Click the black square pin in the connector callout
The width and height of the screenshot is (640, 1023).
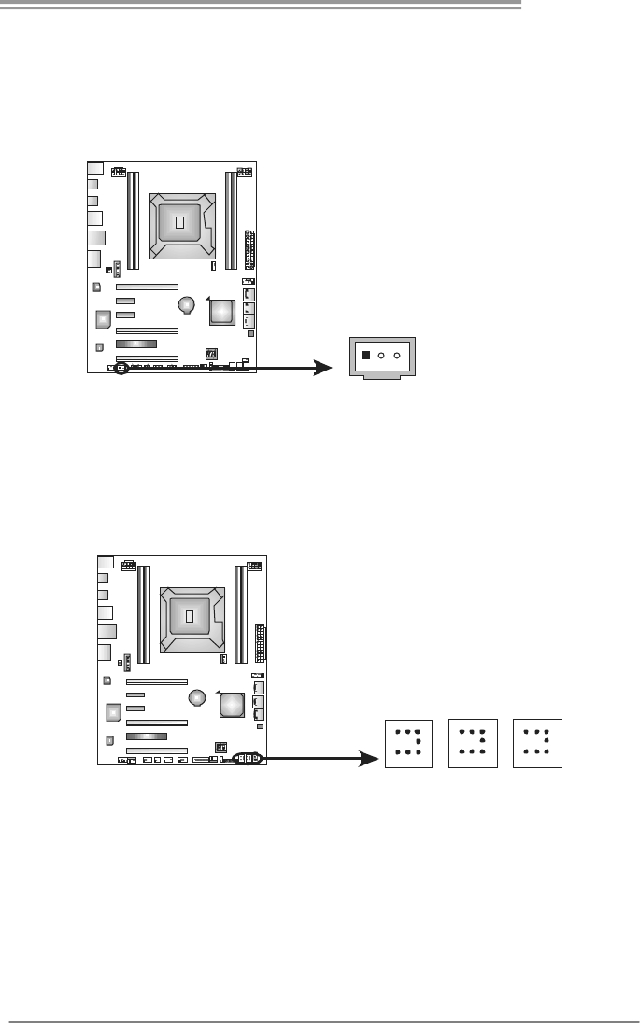coord(366,355)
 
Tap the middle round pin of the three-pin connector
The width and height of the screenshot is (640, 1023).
coord(382,355)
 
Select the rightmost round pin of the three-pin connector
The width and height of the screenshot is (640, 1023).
coord(398,355)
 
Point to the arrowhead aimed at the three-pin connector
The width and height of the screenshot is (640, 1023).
coord(323,368)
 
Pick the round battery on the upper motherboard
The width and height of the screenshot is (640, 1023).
coord(188,305)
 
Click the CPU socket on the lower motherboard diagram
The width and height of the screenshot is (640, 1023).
coord(190,617)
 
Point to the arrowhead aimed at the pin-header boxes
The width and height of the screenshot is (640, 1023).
coord(377,760)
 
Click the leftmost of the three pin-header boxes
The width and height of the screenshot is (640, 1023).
coord(408,743)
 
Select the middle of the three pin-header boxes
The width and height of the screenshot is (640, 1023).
coord(473,743)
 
